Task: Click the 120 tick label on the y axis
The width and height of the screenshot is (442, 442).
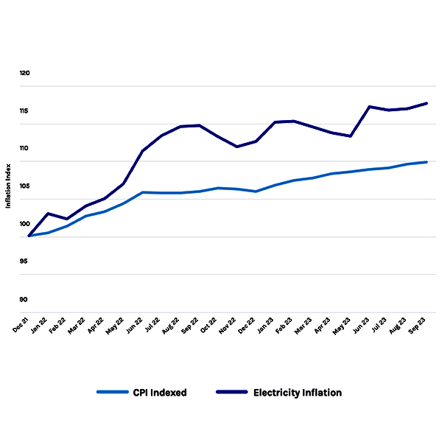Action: (x=25, y=74)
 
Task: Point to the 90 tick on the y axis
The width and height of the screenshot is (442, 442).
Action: (x=24, y=299)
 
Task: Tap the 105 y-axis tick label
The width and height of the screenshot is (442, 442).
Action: (x=25, y=186)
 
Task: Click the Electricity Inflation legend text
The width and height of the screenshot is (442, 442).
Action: (x=298, y=393)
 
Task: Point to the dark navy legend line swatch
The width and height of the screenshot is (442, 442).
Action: (x=231, y=393)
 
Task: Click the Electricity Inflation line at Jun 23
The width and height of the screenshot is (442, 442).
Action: (x=370, y=107)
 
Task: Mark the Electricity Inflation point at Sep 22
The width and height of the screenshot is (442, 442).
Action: (x=200, y=125)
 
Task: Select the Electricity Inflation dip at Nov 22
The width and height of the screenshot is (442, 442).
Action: (x=237, y=147)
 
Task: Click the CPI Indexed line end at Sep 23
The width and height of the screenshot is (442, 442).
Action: (x=427, y=162)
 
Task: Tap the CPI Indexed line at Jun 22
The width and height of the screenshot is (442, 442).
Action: (x=143, y=192)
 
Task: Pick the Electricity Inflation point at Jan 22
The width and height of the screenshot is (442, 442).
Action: (x=49, y=214)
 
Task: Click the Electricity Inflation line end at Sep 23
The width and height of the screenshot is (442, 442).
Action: (x=427, y=103)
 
